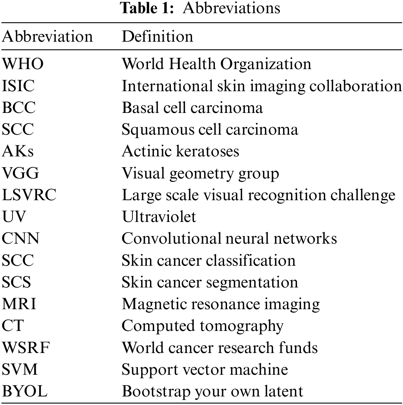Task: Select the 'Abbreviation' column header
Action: point(47,37)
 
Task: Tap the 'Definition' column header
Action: point(157,37)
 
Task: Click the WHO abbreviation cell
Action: point(23,64)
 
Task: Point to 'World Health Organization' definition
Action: point(216,64)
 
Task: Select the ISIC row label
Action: point(19,86)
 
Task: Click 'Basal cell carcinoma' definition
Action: point(192,108)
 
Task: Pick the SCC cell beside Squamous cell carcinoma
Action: point(18,130)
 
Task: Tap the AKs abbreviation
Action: point(18,151)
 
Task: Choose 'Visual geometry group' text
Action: point(200,173)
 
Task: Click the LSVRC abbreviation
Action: point(29,195)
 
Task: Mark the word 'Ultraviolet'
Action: point(159,217)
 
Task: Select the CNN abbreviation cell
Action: point(21,239)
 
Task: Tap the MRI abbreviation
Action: point(19,304)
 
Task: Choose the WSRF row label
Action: point(25,348)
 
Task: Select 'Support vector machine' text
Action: point(205,369)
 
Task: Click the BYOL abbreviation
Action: point(25,391)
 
